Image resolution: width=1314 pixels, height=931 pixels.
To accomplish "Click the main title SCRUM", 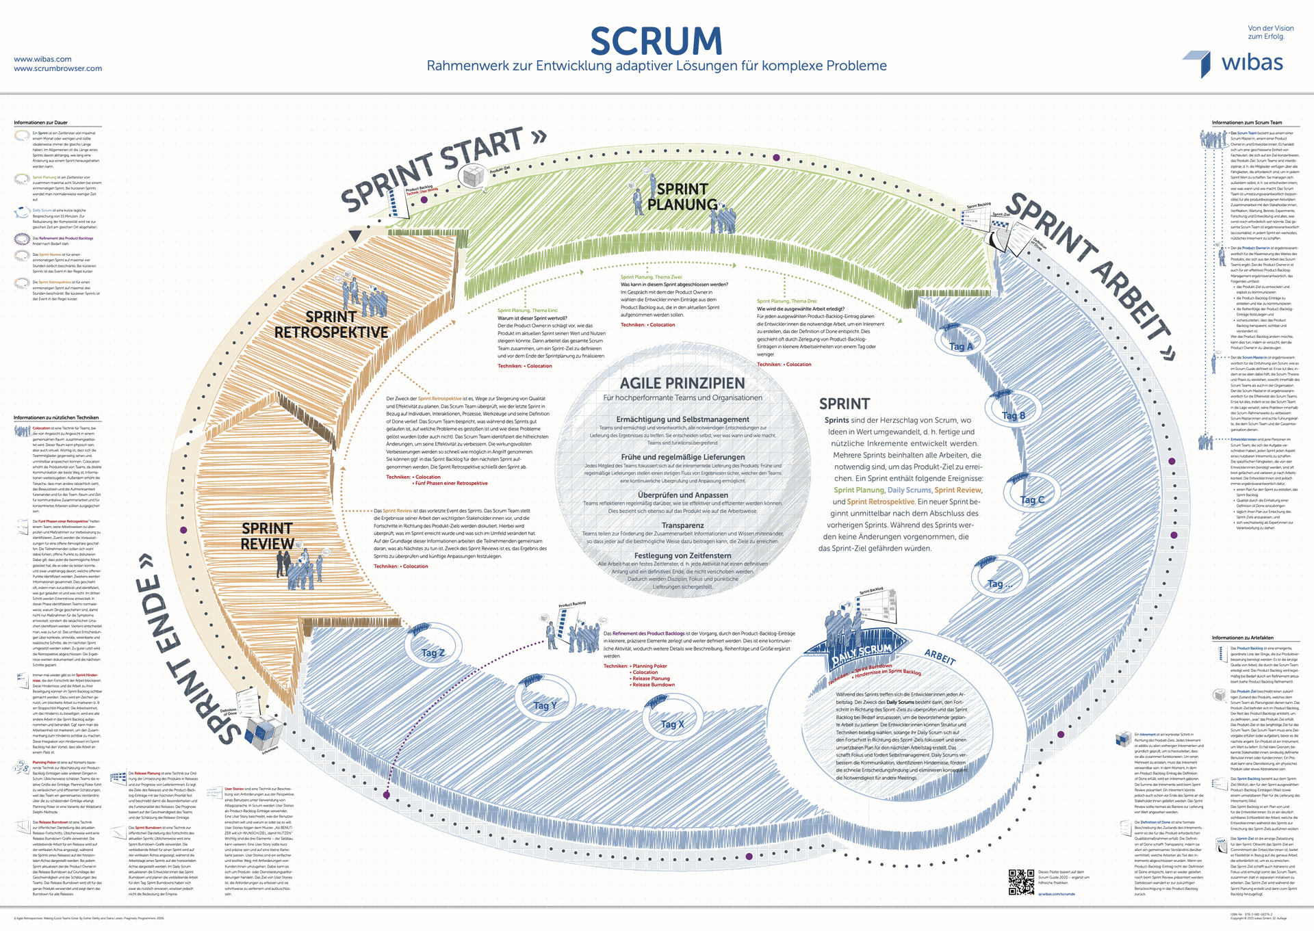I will click(x=656, y=41).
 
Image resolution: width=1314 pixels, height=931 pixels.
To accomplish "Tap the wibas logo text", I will click(x=1252, y=63).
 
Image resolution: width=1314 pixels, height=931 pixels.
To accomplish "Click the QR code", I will click(x=1021, y=882).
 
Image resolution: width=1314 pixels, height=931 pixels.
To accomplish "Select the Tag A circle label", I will click(x=960, y=346).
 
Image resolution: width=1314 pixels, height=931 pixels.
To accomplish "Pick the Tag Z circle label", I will click(x=433, y=653).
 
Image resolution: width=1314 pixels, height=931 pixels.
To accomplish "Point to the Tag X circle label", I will click(x=672, y=724).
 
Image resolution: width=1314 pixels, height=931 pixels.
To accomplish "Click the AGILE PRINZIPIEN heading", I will click(x=682, y=383).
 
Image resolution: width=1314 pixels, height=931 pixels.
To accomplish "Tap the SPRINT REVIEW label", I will click(x=267, y=536).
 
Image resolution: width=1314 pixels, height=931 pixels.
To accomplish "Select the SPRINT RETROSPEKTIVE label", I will click(x=331, y=325).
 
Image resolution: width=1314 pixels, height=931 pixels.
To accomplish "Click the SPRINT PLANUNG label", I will click(x=682, y=196).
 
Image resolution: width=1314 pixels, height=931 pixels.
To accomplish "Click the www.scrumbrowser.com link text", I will click(x=58, y=68).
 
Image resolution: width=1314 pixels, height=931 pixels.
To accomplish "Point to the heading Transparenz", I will click(x=682, y=525).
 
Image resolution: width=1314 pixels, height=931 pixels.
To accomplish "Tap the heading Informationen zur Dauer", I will click(x=40, y=123).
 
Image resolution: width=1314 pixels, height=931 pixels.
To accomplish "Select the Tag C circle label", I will click(x=1032, y=500).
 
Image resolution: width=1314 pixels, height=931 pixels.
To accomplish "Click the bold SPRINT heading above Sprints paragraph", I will click(x=845, y=404).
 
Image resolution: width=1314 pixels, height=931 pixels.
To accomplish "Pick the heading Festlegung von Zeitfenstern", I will click(x=682, y=555).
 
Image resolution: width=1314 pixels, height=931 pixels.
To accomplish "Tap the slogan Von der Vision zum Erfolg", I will click(x=1270, y=32).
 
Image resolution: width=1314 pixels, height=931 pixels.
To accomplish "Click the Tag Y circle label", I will click(x=545, y=705).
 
